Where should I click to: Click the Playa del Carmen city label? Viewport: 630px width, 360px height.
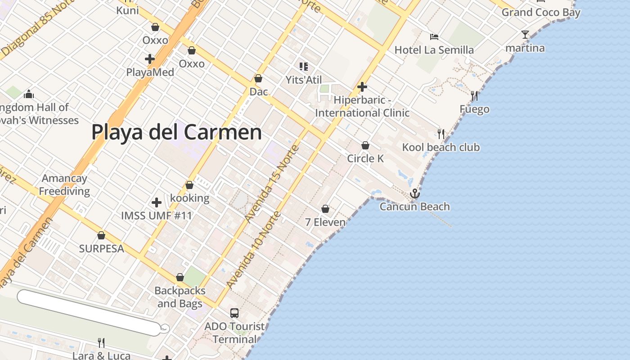[x=176, y=132]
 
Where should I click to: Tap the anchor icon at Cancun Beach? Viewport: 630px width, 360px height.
[x=414, y=193]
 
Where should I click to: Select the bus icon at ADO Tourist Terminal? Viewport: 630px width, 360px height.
[x=234, y=313]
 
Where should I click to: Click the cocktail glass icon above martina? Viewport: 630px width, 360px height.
[x=525, y=35]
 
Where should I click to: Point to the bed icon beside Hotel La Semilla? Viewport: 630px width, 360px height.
[x=434, y=37]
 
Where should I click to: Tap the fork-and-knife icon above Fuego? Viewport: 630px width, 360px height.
[x=474, y=95]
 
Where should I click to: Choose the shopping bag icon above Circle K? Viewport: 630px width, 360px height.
[x=365, y=145]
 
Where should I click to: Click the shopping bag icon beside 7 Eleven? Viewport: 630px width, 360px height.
[x=325, y=209]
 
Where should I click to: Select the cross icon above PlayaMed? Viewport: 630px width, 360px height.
[x=150, y=59]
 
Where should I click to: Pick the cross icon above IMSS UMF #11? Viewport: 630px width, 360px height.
[x=157, y=202]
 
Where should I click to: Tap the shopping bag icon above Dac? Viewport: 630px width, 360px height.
[x=258, y=78]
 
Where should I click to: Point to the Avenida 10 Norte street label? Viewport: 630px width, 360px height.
[x=254, y=250]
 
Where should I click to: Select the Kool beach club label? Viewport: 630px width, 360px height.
[x=441, y=147]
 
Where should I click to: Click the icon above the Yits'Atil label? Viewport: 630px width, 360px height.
[x=304, y=67]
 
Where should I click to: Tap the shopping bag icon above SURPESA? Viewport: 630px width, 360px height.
[x=101, y=235]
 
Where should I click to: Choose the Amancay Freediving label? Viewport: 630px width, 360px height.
[x=64, y=184]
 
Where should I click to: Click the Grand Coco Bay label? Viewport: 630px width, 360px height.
[x=541, y=12]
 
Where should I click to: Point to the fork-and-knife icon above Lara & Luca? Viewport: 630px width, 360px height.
[x=101, y=343]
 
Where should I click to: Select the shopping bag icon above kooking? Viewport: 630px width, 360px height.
[x=189, y=185]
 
